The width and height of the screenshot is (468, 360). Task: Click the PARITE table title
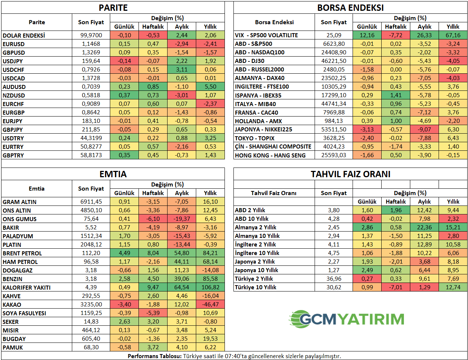(113, 8)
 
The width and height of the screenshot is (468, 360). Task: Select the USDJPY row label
(13, 61)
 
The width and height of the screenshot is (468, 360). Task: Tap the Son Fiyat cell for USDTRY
(91, 138)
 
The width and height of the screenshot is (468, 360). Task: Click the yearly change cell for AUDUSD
(210, 87)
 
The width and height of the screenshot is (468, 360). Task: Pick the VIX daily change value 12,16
(367, 35)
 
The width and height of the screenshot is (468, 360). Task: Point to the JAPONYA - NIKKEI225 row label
(264, 130)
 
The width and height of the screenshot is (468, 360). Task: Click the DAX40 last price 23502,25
(334, 78)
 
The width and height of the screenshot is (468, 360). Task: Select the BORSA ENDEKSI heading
(350, 8)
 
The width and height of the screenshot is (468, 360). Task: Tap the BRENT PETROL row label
(22, 253)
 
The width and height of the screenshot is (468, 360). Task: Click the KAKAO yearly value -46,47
(210, 305)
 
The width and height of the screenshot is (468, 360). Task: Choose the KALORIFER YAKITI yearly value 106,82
(210, 287)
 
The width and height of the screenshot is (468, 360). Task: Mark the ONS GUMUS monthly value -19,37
(182, 219)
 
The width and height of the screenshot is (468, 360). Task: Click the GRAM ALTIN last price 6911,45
(91, 202)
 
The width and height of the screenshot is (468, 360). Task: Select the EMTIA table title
(113, 174)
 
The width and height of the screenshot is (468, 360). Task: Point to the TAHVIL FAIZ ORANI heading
(350, 174)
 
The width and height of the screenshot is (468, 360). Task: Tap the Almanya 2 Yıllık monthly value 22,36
(424, 227)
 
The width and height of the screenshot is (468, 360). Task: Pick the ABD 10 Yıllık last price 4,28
(334, 219)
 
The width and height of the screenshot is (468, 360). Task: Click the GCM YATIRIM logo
(347, 319)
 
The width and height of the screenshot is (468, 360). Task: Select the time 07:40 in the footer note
(243, 356)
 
